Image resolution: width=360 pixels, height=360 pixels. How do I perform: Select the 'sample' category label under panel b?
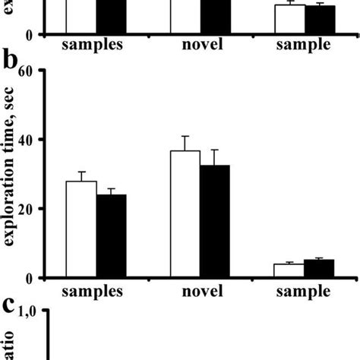click(303, 291)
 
